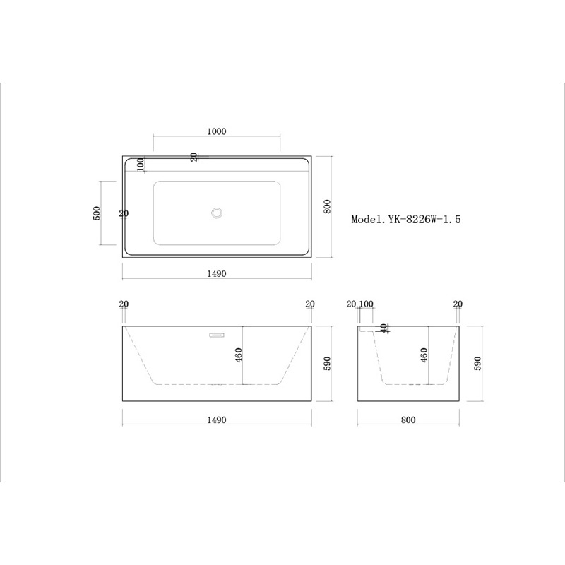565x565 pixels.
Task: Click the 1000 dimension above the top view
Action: click(217, 131)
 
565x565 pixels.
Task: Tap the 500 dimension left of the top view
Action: click(97, 213)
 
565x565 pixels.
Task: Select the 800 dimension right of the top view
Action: click(327, 206)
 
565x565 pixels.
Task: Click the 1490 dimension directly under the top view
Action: click(217, 273)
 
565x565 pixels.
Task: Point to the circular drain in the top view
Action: click(217, 213)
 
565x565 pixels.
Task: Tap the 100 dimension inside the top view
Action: click(141, 165)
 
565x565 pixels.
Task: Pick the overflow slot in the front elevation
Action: click(217, 335)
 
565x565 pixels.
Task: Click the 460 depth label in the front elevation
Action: click(239, 355)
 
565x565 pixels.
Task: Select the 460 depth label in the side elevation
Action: click(424, 355)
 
